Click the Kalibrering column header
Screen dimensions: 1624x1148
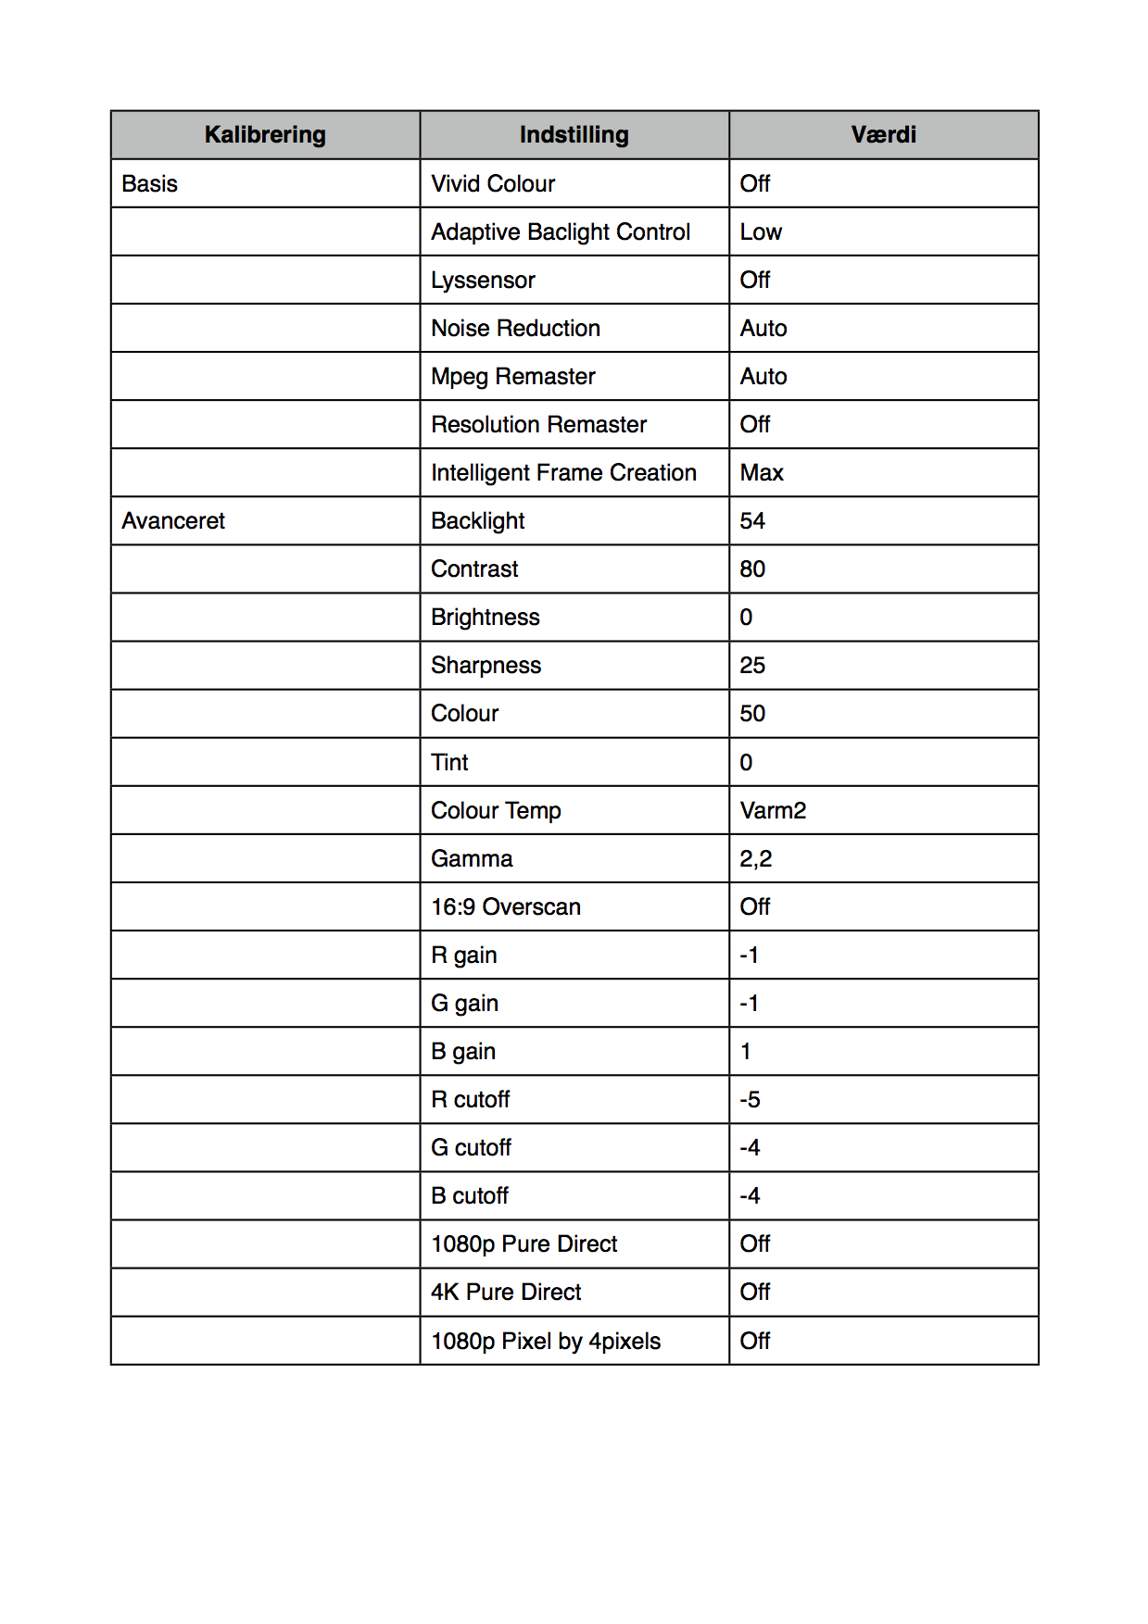265,135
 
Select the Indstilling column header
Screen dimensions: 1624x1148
574,135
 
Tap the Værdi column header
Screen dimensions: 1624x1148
883,135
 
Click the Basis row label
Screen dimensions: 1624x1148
150,184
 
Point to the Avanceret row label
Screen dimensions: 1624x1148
173,521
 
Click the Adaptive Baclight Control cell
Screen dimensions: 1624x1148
561,232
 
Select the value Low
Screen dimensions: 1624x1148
761,232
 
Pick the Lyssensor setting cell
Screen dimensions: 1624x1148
483,281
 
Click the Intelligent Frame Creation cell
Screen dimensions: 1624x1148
563,473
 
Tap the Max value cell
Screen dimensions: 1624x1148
762,473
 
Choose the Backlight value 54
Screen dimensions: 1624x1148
752,521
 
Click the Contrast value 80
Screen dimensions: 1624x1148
752,569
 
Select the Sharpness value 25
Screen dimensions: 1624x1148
752,666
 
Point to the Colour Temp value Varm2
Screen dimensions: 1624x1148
773,811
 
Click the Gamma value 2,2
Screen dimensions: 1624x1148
755,859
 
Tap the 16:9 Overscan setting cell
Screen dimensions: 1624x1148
506,907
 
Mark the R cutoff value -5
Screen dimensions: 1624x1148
750,1100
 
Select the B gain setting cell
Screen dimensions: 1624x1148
463,1052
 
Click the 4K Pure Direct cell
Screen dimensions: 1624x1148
506,1293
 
